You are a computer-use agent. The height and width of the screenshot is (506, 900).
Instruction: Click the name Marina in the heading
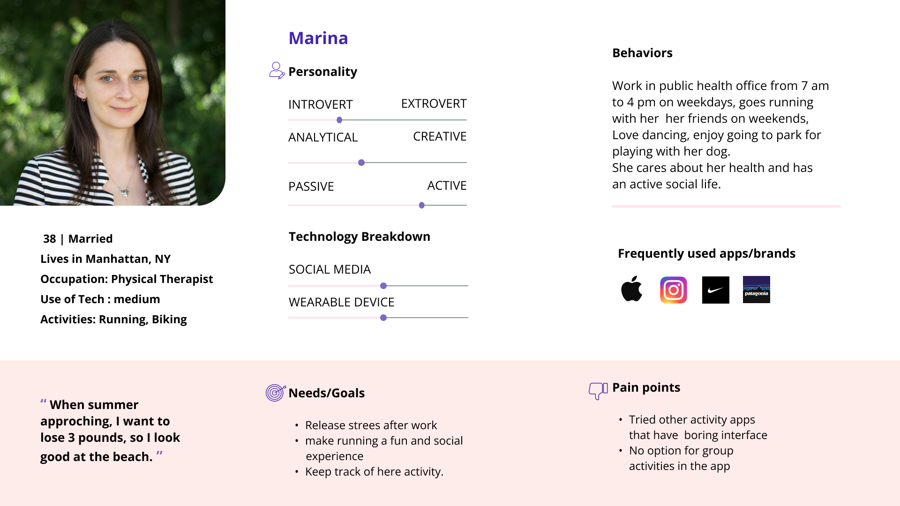point(318,38)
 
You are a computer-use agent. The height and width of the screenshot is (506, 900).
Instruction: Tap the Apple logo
point(631,289)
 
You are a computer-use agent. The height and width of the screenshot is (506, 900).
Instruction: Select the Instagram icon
point(674,290)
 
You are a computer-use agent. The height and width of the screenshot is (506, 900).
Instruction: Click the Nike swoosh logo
point(716,290)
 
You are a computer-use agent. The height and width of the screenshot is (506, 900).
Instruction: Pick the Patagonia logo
point(757,290)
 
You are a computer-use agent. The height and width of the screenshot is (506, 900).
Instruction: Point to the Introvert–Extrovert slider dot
point(339,120)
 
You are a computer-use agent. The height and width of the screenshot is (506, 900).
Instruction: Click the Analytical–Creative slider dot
point(361,163)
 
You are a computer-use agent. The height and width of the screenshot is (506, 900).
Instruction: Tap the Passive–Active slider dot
point(422,205)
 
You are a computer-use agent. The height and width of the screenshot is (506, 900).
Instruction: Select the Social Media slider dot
point(383,286)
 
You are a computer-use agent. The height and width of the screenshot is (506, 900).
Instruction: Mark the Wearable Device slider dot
point(383,318)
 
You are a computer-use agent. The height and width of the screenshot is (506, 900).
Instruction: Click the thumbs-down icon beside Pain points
point(598,391)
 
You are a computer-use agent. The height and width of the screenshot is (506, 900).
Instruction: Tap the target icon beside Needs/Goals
point(276,393)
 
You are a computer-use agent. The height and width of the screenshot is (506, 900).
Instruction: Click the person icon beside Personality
point(277,71)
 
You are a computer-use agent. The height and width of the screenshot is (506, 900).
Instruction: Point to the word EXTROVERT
point(434,104)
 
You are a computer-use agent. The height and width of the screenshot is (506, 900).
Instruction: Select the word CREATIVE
point(440,136)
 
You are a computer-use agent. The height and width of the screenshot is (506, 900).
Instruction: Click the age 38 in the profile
point(50,239)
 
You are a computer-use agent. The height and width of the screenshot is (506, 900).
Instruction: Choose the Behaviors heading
point(642,53)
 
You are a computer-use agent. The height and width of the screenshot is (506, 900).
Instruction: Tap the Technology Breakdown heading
point(360,237)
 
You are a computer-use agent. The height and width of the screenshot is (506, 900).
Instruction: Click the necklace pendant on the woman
point(124,191)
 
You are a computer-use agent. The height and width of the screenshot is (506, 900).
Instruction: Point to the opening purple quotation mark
point(43,401)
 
